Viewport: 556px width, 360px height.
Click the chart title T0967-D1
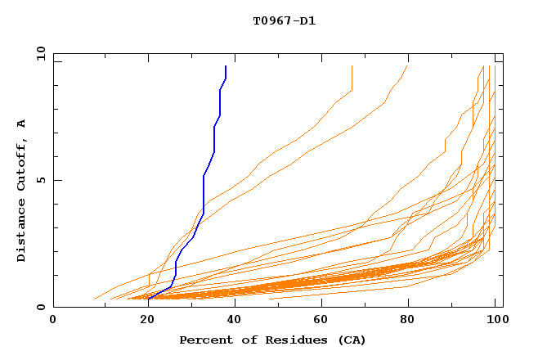pyautogui.click(x=284, y=20)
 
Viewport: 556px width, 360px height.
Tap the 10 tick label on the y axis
pyautogui.click(x=40, y=53)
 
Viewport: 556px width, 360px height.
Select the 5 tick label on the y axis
pyautogui.click(x=40, y=180)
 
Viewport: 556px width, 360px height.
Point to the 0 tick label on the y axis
pyautogui.click(x=40, y=307)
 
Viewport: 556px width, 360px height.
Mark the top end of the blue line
pyautogui.click(x=226, y=66)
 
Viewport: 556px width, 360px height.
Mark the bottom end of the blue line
pyautogui.click(x=149, y=299)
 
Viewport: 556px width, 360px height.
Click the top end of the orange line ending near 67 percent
pyautogui.click(x=352, y=66)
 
